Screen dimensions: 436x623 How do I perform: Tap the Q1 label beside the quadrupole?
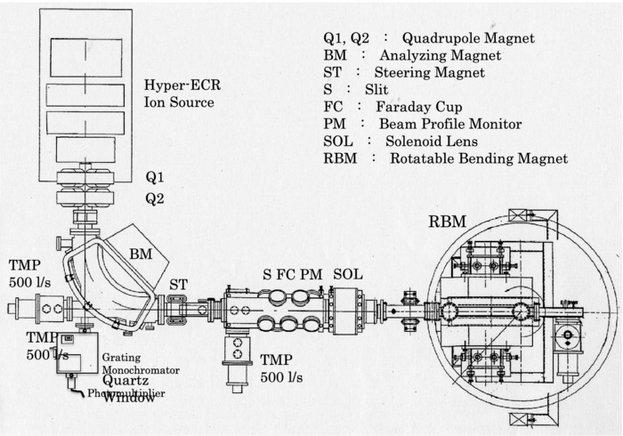click(x=154, y=178)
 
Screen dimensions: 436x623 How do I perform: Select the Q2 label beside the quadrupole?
click(x=154, y=198)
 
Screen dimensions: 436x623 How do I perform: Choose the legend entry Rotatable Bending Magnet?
click(x=446, y=158)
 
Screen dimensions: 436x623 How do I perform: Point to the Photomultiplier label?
click(x=125, y=392)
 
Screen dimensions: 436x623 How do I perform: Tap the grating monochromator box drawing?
click(x=75, y=355)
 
